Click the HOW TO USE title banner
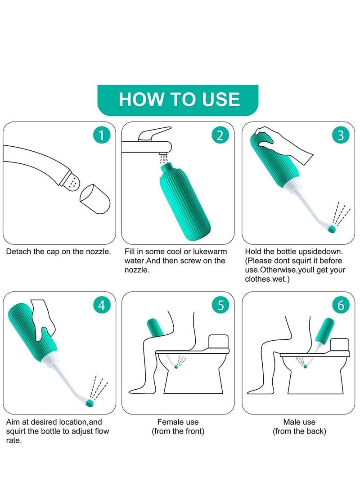[x=178, y=100]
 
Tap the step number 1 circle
[x=101, y=135]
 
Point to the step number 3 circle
[x=340, y=135]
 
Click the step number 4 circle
[x=101, y=305]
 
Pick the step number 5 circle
[x=220, y=305]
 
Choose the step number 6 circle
[x=340, y=305]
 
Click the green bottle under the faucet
[x=185, y=202]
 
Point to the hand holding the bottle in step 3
[x=283, y=144]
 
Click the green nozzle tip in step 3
[x=332, y=229]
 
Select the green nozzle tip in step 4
[x=90, y=403]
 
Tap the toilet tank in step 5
[x=218, y=342]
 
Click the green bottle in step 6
[x=324, y=331]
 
